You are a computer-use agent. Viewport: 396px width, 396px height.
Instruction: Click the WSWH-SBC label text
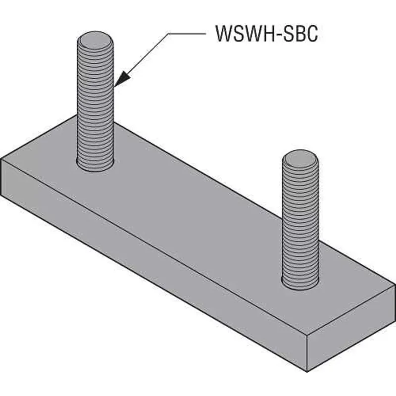click(266, 35)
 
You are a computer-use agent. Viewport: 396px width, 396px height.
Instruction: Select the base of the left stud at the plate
click(96, 164)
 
